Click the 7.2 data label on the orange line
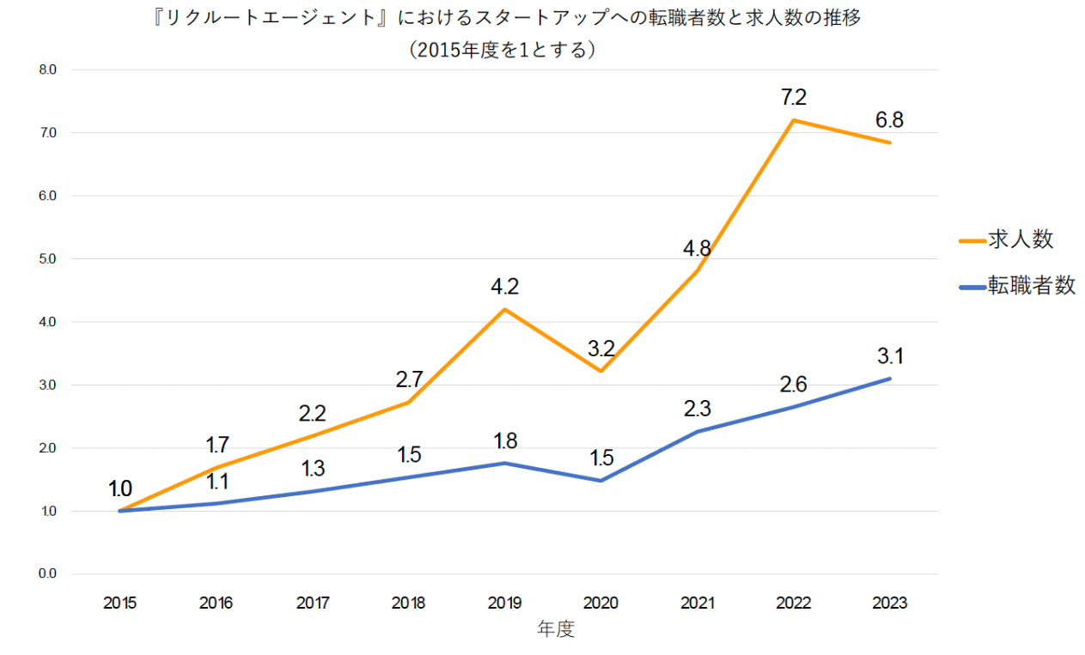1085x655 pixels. [x=794, y=98]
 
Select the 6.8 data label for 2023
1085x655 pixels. [x=889, y=119]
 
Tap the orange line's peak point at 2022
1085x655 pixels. [x=794, y=120]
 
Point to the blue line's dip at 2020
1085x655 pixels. [x=601, y=480]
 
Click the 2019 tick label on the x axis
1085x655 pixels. [x=504, y=603]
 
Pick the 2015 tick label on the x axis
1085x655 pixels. [x=119, y=603]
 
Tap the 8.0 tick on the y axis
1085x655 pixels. [x=47, y=70]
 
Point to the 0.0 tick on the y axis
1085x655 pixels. [x=47, y=574]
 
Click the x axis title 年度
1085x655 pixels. [x=556, y=630]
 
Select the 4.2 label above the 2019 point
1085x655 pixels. [x=505, y=286]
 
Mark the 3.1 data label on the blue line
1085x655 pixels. [x=889, y=355]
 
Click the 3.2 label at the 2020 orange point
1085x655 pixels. [x=601, y=349]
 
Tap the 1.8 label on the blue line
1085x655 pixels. [x=505, y=441]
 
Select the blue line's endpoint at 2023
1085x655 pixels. [x=889, y=379]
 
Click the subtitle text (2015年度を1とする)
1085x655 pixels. [x=503, y=50]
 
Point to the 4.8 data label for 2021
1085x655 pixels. [x=698, y=249]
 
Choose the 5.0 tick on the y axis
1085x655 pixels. [x=47, y=258]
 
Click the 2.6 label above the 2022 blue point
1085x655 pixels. [x=794, y=384]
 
